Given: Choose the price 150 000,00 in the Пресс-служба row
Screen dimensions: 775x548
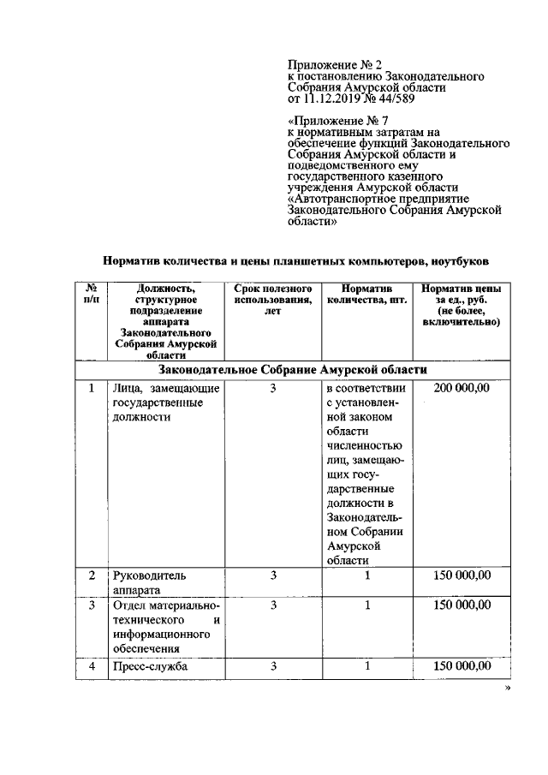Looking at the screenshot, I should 462,666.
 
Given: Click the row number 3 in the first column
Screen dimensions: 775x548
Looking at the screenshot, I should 91,605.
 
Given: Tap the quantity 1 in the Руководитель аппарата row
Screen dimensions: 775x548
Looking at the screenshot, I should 366,575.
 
